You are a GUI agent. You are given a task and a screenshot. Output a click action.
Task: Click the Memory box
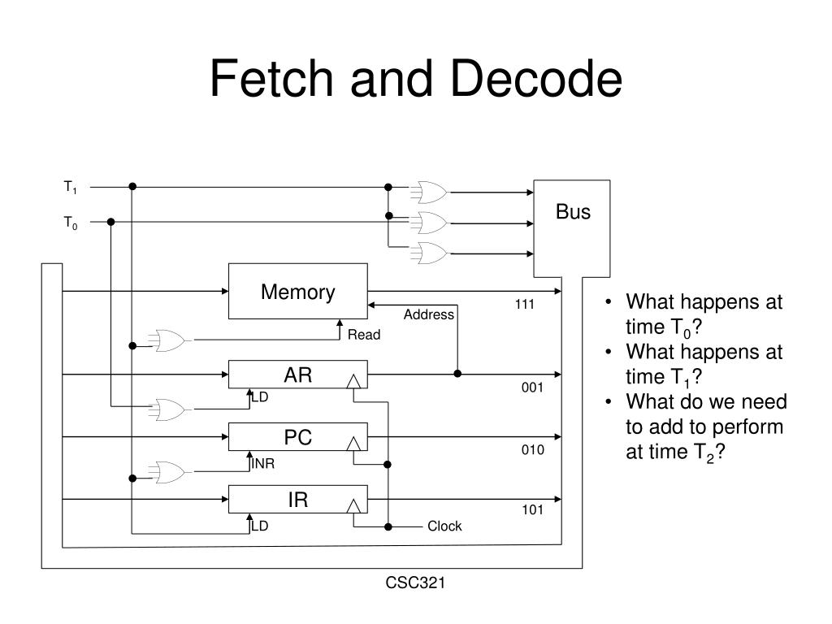point(297,292)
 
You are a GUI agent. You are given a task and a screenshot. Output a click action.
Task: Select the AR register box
point(297,375)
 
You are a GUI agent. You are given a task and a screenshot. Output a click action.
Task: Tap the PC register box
point(297,438)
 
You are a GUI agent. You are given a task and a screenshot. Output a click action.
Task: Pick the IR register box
point(297,500)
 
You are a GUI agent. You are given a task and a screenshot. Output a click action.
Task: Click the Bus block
point(572,228)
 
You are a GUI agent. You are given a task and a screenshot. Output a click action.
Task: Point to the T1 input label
point(71,188)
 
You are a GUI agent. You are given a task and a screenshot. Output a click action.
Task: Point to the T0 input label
point(71,222)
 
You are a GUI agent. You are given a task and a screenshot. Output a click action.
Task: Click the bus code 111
point(524,305)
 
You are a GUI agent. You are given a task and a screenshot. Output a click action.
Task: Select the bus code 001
point(532,388)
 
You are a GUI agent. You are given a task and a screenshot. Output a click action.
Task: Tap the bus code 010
point(532,450)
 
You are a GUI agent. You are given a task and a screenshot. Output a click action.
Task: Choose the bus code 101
point(532,511)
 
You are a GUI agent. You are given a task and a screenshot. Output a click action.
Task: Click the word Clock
point(444,526)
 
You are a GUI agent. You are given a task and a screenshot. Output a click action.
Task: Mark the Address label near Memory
point(428,315)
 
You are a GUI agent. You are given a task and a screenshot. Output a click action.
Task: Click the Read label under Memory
point(364,335)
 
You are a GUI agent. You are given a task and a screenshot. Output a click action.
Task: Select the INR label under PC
point(262,464)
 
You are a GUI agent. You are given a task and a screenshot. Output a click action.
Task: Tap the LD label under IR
point(259,526)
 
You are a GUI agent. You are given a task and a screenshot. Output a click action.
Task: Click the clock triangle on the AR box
point(353,381)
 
